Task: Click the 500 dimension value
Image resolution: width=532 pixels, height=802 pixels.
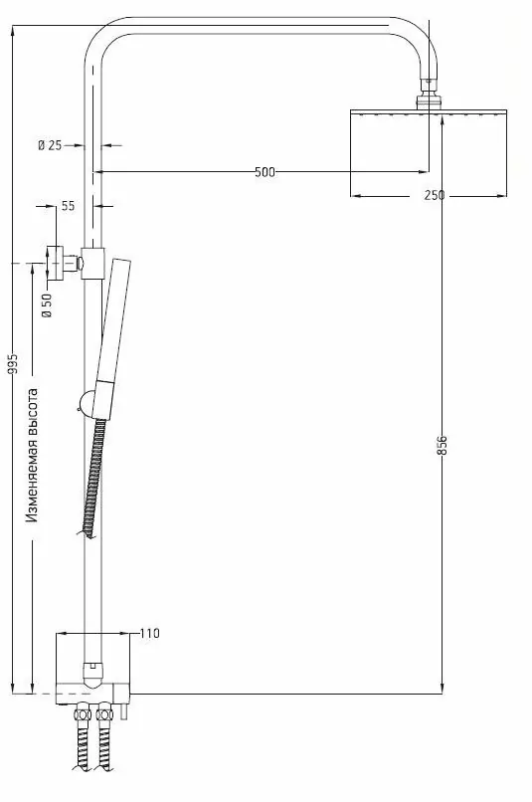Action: (x=264, y=172)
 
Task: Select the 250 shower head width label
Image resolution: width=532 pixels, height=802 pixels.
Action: (x=434, y=195)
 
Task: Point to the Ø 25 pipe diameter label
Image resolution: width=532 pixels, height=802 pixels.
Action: (x=50, y=145)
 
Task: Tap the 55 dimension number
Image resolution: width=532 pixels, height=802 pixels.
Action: (x=68, y=206)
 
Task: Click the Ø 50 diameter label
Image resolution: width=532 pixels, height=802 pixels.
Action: (x=46, y=304)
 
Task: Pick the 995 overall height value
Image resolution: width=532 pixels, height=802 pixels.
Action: (x=13, y=365)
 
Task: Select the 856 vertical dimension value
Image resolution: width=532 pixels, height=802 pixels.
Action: (x=443, y=445)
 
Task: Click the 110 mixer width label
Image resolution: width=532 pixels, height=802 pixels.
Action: (x=150, y=633)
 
